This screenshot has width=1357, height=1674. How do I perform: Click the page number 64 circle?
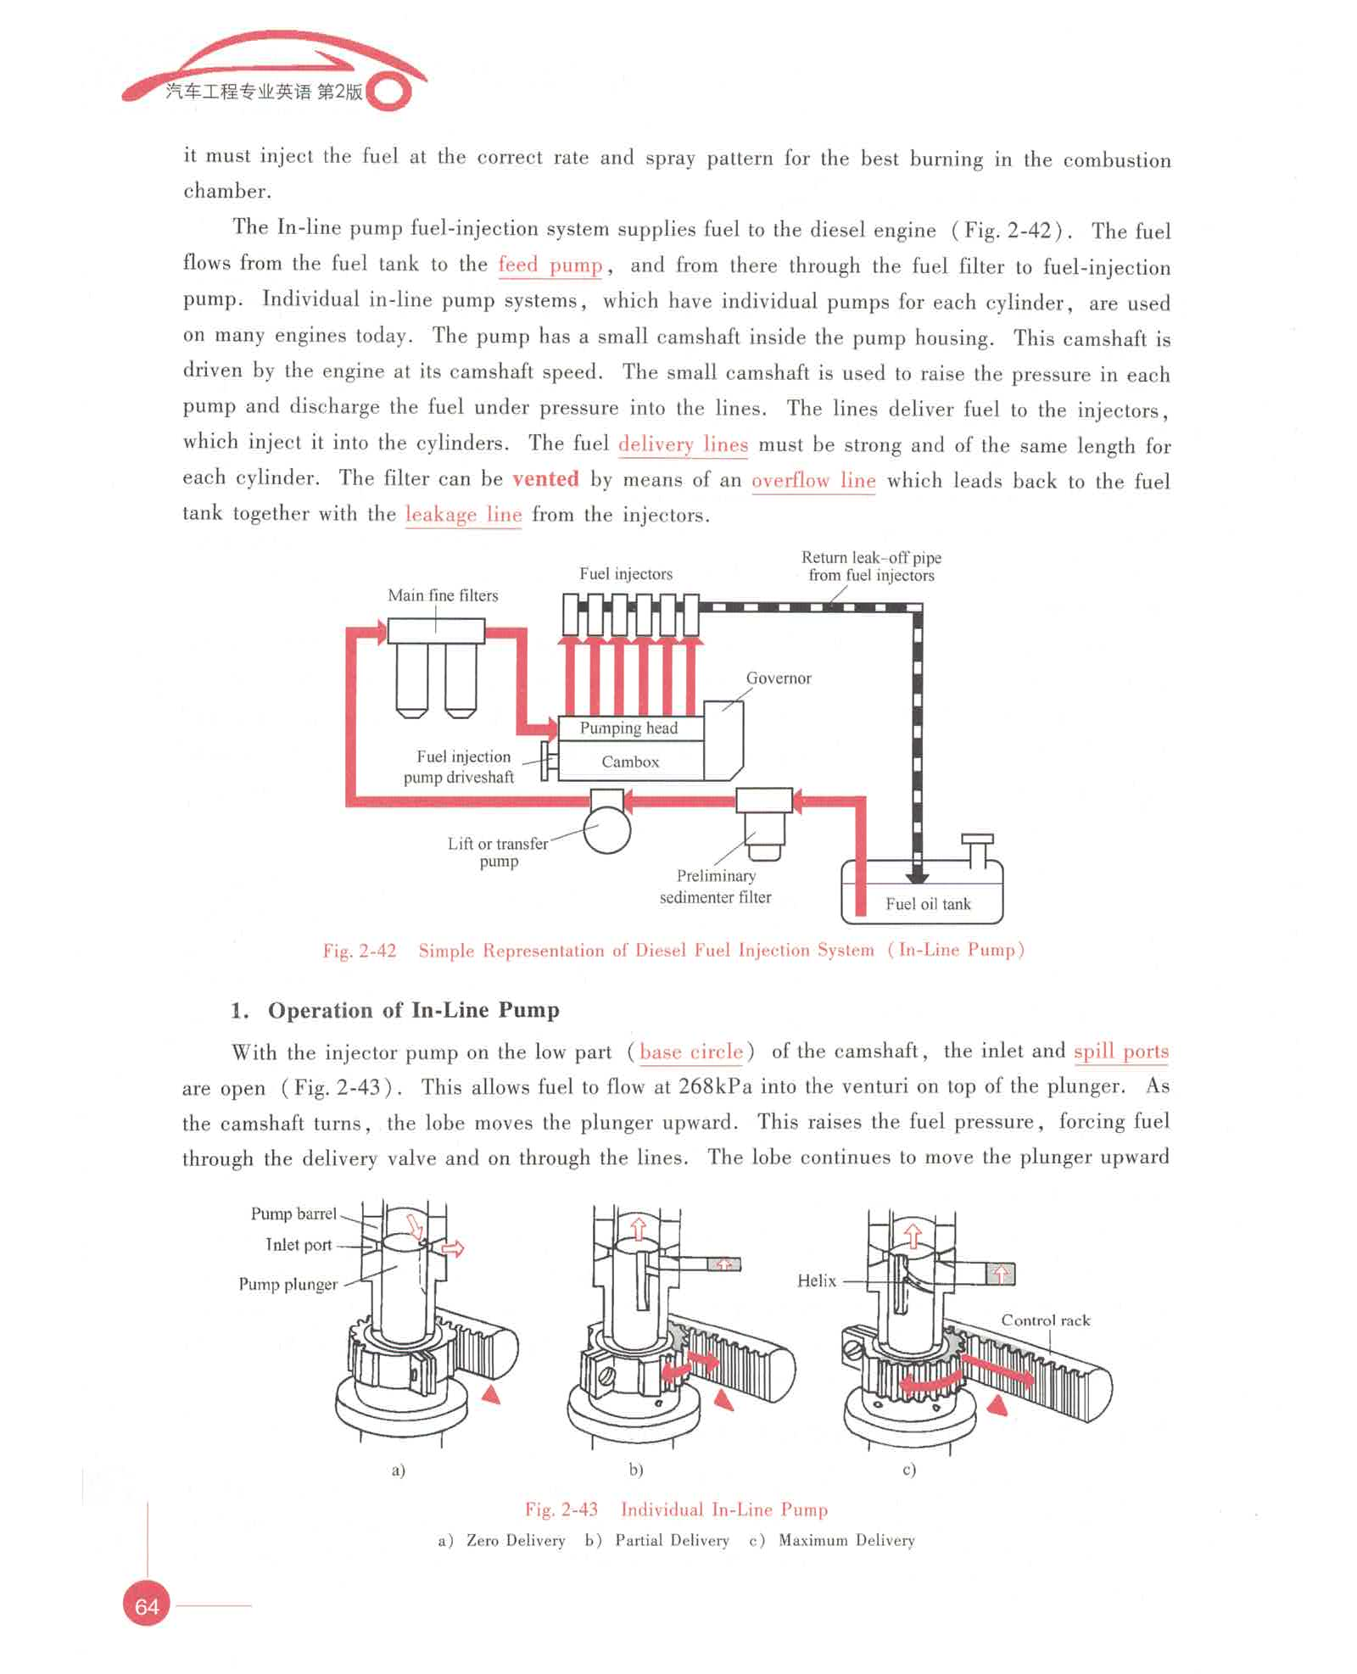[146, 1604]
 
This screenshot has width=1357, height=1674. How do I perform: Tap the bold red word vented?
[545, 479]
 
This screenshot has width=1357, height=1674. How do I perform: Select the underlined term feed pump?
[550, 265]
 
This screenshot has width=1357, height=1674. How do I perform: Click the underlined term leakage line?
[463, 514]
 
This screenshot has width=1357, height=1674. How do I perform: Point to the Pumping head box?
[629, 728]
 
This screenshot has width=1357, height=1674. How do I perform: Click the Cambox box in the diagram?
[630, 762]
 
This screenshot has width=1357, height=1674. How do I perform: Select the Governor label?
[779, 678]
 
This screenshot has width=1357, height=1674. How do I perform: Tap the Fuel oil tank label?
[928, 904]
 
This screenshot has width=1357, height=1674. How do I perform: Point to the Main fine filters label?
[443, 595]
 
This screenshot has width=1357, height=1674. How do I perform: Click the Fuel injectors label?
[626, 574]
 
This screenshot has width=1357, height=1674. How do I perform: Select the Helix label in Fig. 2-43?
[817, 1281]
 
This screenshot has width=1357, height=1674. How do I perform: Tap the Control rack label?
[1045, 1320]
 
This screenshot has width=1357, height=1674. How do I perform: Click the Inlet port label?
[299, 1245]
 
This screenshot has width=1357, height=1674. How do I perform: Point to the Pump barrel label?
[293, 1214]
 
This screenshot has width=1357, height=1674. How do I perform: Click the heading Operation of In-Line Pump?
[413, 1010]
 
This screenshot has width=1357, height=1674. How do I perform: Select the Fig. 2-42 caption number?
[360, 951]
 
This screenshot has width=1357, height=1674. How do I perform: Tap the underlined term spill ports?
[1120, 1052]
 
